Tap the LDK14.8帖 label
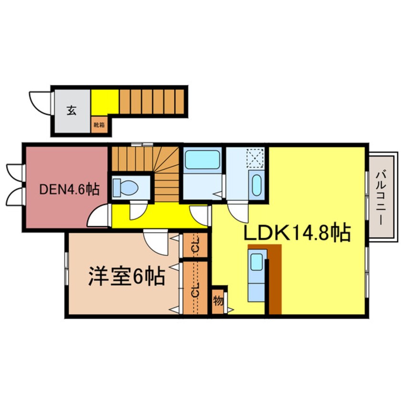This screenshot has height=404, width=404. point(298,234)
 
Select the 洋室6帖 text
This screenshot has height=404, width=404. point(127,276)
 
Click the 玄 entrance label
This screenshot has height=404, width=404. point(71,111)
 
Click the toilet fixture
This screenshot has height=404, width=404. point(125,187)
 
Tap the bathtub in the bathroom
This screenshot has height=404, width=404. point(202,159)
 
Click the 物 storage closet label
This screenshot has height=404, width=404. point(218,301)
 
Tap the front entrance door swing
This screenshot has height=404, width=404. point(39,102)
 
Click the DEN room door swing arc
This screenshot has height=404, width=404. point(99,216)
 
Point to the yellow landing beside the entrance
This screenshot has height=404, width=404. point(105,102)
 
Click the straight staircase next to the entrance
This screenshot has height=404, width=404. point(151,101)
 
